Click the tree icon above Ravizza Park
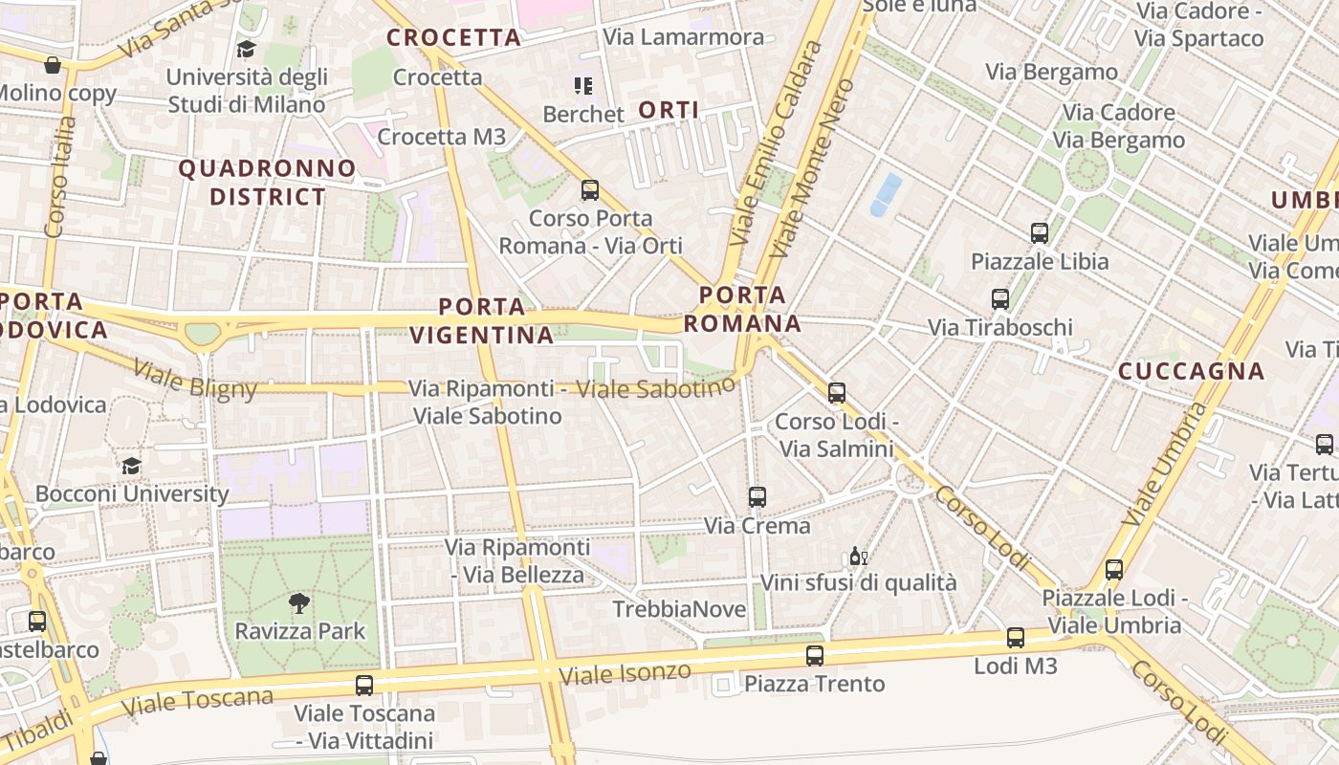(x=299, y=602)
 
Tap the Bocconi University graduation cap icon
(x=131, y=466)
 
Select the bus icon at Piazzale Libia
(x=1040, y=232)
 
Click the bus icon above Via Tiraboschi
(x=1000, y=298)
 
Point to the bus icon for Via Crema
(x=757, y=496)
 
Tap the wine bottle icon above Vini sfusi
(x=858, y=556)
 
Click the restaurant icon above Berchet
(x=582, y=86)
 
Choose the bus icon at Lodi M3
(x=1016, y=637)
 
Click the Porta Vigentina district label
(x=482, y=321)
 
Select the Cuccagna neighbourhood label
(x=1191, y=371)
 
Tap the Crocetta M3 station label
(x=441, y=137)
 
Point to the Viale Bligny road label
(x=195, y=379)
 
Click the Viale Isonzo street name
(x=625, y=674)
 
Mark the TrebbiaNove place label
(x=679, y=609)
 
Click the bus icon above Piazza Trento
(x=814, y=655)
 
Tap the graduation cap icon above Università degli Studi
(x=247, y=49)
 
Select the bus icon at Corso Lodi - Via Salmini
(x=837, y=392)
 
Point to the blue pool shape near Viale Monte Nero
(x=885, y=195)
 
